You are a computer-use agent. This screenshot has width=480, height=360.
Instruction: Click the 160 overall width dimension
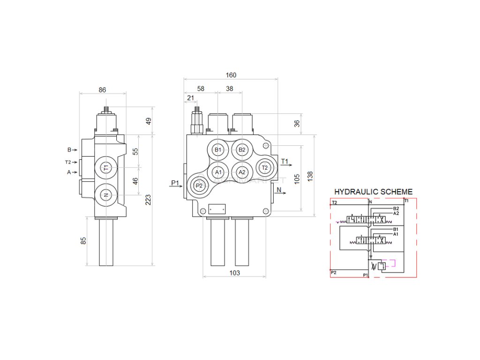point(231,75)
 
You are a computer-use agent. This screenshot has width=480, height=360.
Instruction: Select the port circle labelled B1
point(217,150)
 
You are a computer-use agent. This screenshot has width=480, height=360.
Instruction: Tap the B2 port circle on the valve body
point(242,150)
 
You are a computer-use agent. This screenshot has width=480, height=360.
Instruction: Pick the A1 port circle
point(217,172)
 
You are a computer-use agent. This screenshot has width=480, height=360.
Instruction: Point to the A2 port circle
point(242,172)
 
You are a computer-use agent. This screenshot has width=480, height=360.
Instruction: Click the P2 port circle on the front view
point(199,186)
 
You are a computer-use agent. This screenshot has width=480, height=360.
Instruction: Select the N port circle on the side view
point(106,195)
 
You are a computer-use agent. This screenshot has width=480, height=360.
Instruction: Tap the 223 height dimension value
point(149,200)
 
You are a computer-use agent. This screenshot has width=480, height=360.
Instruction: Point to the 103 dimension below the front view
point(234,273)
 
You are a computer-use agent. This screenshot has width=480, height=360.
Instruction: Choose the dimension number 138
point(309,176)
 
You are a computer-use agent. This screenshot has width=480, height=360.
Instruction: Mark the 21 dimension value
point(190,97)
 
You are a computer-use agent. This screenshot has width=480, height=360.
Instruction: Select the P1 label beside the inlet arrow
point(175,183)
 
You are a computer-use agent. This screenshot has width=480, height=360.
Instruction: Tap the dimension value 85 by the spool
point(83,241)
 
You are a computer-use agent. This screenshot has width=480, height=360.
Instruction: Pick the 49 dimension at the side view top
point(149,120)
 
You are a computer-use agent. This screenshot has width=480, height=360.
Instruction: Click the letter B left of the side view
point(69,150)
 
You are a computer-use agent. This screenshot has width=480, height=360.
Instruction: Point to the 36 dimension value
point(296,124)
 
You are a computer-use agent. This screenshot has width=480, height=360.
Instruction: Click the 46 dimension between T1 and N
point(135,181)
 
